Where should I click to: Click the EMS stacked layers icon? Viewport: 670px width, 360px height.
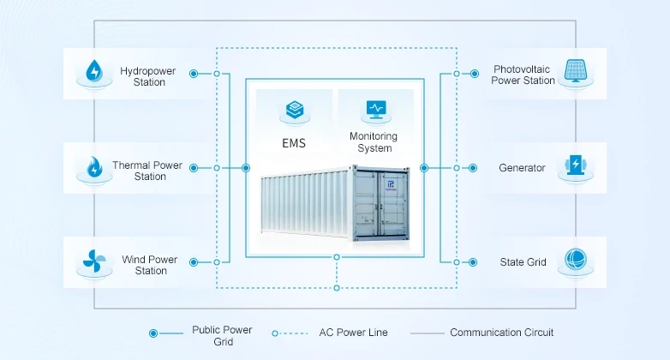click(294, 110)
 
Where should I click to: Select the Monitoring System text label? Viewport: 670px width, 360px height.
click(374, 142)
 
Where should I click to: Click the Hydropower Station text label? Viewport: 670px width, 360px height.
click(148, 76)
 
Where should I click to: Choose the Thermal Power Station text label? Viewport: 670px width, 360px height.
click(147, 171)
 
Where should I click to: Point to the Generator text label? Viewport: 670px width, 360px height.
click(522, 168)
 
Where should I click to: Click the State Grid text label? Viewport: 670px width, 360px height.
click(523, 262)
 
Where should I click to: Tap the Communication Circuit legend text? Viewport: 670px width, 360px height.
click(501, 333)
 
